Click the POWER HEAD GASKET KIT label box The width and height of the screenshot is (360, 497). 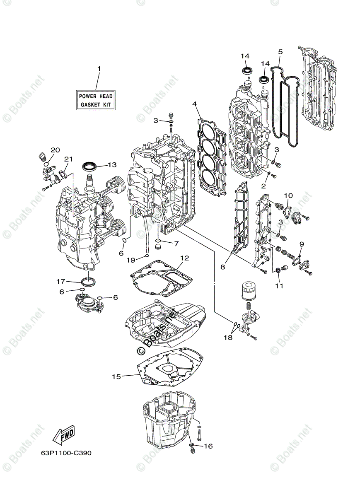(x=96, y=100)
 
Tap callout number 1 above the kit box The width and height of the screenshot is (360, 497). (x=99, y=68)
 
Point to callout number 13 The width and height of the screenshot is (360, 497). (x=111, y=164)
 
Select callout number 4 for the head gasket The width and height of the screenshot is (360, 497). (x=194, y=104)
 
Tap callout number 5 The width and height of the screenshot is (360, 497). (x=280, y=52)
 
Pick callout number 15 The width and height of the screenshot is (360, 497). (x=116, y=376)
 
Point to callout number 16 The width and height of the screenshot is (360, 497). (x=208, y=446)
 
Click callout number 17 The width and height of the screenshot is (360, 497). (x=61, y=281)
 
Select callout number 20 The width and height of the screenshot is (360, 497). (x=56, y=150)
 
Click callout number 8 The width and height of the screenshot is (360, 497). (x=222, y=267)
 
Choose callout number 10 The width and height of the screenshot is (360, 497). (x=288, y=195)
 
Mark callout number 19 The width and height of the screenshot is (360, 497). (x=130, y=260)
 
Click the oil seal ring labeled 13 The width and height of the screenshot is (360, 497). (x=91, y=166)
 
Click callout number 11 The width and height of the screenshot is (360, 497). (x=280, y=285)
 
